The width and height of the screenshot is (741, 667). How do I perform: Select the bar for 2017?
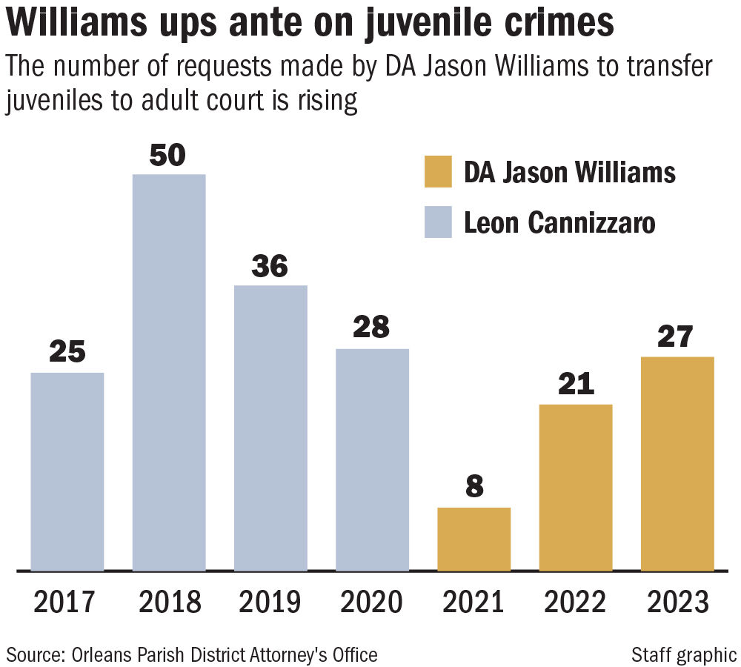pyautogui.click(x=67, y=471)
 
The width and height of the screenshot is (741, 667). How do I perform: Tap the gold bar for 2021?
pyautogui.click(x=474, y=539)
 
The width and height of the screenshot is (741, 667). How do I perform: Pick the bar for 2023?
pyautogui.click(x=677, y=463)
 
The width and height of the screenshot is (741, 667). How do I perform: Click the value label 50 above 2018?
pyautogui.click(x=168, y=156)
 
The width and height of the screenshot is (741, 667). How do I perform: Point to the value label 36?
pyautogui.click(x=270, y=267)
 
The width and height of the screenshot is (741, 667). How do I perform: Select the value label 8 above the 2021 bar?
pyautogui.click(x=474, y=488)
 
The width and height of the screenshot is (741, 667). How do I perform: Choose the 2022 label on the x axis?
pyautogui.click(x=576, y=602)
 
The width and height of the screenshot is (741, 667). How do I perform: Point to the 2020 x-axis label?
pyautogui.click(x=371, y=602)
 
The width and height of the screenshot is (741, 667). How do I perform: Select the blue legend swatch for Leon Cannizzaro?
pyautogui.click(x=438, y=223)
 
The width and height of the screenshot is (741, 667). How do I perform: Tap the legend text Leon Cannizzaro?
pyautogui.click(x=559, y=223)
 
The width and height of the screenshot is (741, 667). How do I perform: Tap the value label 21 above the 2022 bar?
pyautogui.click(x=575, y=385)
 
